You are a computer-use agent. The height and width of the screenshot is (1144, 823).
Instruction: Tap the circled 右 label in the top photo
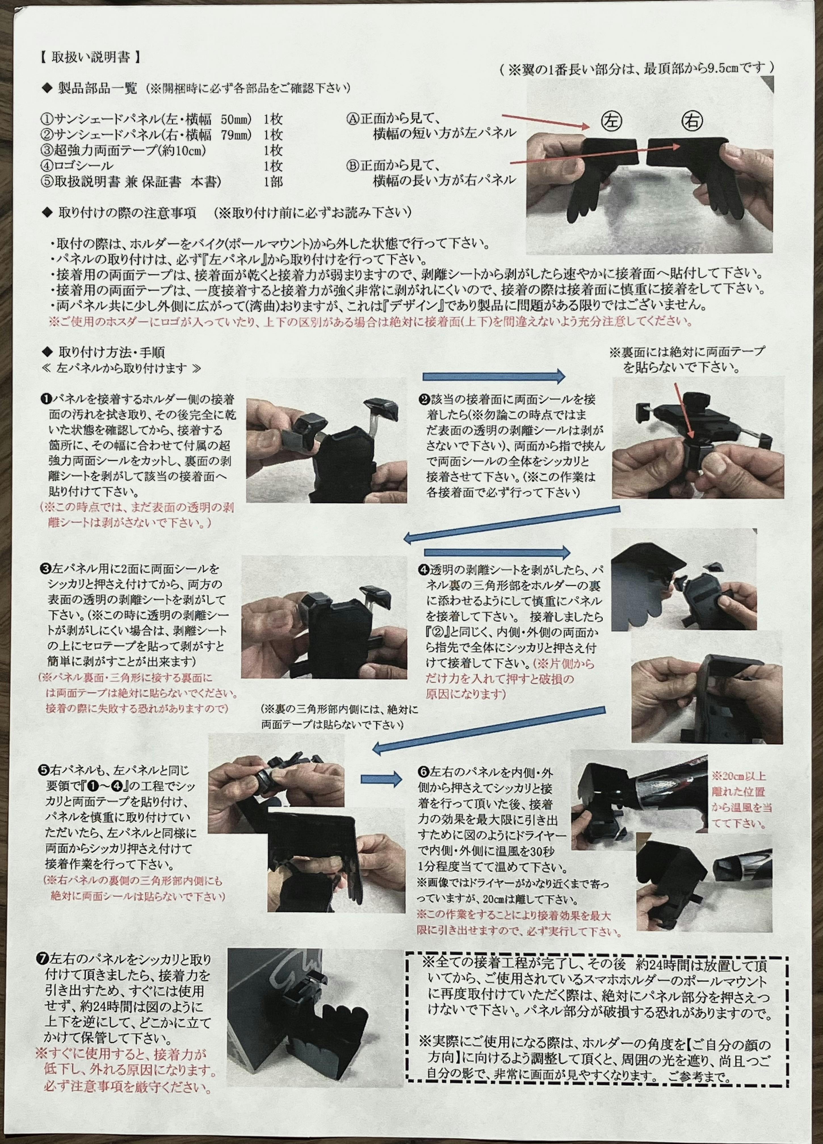point(691,121)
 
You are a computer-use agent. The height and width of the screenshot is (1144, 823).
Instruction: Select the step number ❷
point(424,399)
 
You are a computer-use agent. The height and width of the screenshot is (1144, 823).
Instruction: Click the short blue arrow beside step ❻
point(381,779)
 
